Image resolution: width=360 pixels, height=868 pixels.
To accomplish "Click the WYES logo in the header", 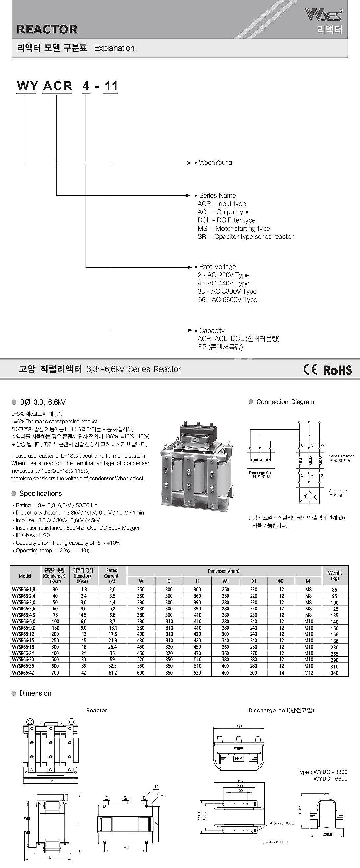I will (324, 14).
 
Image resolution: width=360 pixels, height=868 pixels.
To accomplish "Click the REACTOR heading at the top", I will (47, 29).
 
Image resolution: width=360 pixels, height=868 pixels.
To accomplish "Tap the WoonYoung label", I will (215, 163).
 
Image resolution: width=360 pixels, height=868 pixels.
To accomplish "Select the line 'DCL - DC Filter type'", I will (226, 220).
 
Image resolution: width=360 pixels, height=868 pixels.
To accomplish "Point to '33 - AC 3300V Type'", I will (227, 291).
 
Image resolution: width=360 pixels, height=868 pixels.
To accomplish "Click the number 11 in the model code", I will (111, 86).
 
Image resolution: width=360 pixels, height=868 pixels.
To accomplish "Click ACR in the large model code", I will (58, 86).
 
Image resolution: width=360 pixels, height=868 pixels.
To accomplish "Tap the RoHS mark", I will (337, 370).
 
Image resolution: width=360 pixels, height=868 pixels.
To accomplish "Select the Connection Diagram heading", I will (285, 402).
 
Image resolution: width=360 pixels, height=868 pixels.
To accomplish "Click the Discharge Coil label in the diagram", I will (260, 473).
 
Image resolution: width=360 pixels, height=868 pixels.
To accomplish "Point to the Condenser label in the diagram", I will (337, 491).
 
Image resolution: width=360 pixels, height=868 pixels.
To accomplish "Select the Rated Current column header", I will (111, 576).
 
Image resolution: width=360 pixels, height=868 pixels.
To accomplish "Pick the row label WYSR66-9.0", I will (24, 628).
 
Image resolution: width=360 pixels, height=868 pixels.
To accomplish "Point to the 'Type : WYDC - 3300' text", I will (322, 772).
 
